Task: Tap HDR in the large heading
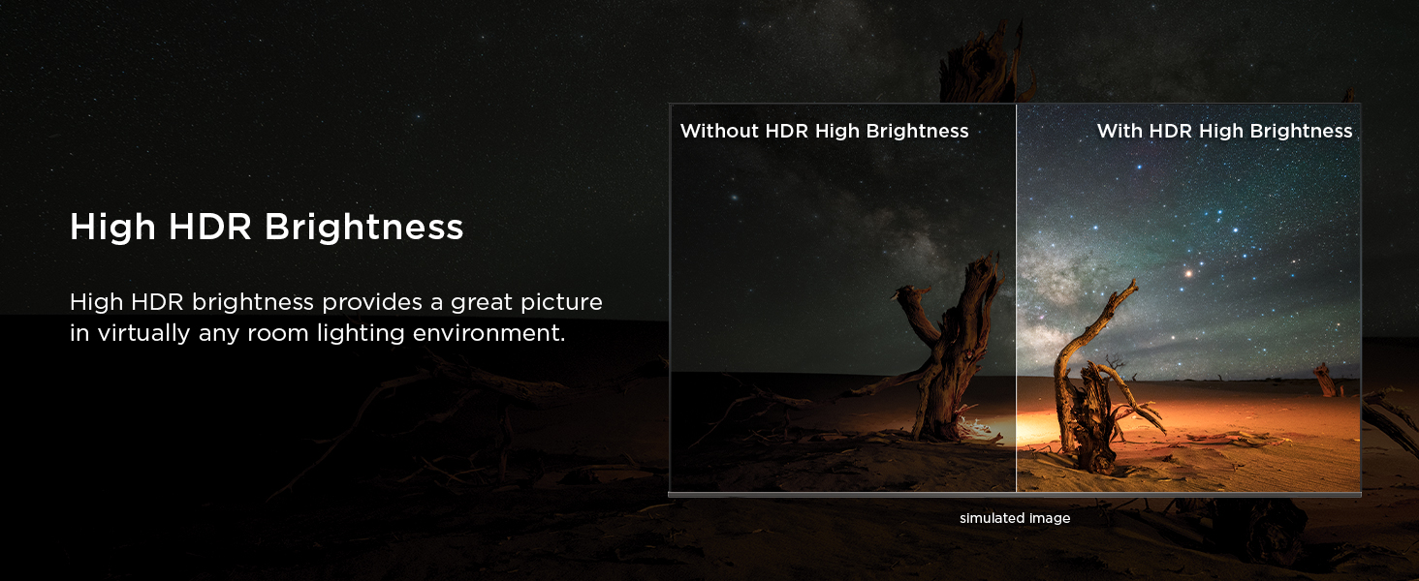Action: (209, 228)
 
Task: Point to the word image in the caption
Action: (1050, 519)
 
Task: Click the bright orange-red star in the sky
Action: (1188, 273)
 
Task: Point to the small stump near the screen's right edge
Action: (1325, 380)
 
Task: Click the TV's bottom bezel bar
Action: (1015, 494)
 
